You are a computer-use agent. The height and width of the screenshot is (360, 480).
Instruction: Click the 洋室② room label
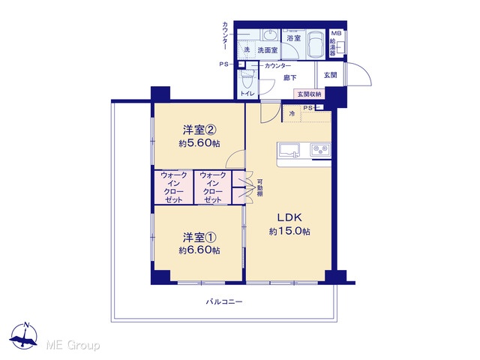199,130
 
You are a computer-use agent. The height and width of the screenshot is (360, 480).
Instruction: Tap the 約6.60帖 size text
199,250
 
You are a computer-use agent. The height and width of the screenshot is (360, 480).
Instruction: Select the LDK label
289,217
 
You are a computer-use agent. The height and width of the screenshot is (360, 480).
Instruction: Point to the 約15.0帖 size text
289,231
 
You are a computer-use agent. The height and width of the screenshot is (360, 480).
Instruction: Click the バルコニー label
224,301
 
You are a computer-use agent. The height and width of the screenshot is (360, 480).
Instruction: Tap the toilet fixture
247,80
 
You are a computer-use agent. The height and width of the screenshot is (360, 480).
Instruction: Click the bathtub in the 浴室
316,45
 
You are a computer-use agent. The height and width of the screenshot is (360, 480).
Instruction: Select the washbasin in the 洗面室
269,35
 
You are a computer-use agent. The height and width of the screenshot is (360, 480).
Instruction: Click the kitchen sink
289,151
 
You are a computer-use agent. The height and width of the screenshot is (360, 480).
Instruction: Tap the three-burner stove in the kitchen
320,150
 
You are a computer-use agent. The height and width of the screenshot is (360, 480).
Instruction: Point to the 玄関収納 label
309,94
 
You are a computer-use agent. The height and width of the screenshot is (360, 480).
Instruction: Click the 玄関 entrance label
330,75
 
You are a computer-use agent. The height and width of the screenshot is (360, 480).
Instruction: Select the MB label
336,33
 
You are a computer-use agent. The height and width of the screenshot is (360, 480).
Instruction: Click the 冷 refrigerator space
292,113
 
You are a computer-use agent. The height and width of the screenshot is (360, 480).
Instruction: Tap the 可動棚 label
259,187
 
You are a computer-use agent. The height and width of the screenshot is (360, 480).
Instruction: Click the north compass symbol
24,336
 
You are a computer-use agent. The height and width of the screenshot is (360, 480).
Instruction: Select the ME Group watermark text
73,345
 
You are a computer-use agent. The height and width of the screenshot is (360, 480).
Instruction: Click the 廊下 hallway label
289,78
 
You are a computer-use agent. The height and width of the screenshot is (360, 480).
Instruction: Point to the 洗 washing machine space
247,49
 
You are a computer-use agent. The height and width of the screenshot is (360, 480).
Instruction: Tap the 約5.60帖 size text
199,143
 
